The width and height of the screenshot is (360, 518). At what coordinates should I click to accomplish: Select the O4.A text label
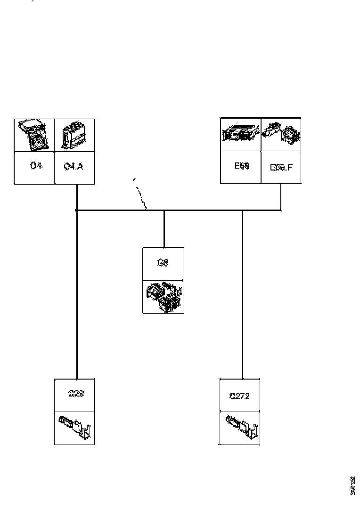(74, 167)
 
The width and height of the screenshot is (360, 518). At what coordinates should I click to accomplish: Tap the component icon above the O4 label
(34, 135)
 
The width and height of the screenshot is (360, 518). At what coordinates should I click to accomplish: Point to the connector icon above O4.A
(74, 135)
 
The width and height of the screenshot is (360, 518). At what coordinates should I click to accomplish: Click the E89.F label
(280, 168)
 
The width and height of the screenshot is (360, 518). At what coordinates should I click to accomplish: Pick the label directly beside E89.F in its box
(241, 166)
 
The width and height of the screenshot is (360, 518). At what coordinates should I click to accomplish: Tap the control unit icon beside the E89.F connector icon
(241, 134)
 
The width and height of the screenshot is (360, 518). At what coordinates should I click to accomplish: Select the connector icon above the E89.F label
(281, 134)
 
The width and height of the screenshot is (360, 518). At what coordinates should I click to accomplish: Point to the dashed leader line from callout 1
(141, 195)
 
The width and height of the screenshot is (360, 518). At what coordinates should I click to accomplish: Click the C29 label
(75, 394)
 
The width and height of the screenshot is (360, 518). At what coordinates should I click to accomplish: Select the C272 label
(239, 396)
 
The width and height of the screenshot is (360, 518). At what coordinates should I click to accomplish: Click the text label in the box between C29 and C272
(163, 263)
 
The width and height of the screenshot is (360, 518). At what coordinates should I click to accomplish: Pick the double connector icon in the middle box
(163, 297)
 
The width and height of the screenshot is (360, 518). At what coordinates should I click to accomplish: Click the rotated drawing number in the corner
(352, 486)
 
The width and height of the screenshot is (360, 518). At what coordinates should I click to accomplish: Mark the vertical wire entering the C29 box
(76, 306)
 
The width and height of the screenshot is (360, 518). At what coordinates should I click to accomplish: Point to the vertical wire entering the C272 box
(242, 306)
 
